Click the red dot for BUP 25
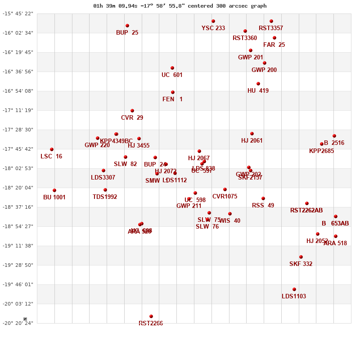(x=127, y=26)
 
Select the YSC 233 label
(x=213, y=28)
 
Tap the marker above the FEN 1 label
(x=173, y=92)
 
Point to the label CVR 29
(x=132, y=118)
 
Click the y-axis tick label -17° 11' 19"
(x=18, y=110)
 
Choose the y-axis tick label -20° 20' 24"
(x=18, y=323)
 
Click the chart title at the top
(x=180, y=6)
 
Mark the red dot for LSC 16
(x=52, y=149)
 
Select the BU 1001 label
(x=54, y=198)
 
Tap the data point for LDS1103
(x=294, y=289)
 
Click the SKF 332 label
(x=301, y=264)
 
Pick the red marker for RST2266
(x=151, y=316)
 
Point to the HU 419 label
(x=258, y=91)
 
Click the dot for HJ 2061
(x=252, y=134)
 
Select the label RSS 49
(x=263, y=206)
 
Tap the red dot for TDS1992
(x=105, y=190)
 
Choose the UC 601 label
(x=172, y=75)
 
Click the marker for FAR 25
(x=274, y=38)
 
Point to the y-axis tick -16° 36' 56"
(x=18, y=72)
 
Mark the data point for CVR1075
(x=225, y=189)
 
